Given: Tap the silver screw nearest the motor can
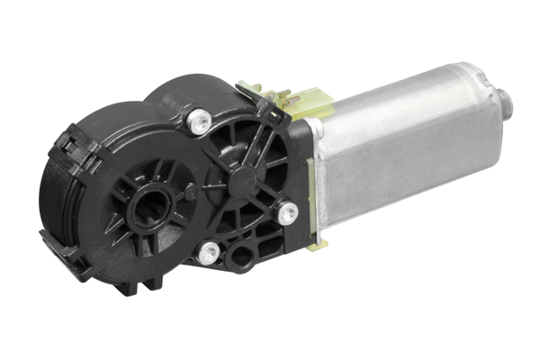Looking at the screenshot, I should pos(288,213).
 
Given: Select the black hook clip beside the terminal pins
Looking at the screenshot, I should pos(248,94).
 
